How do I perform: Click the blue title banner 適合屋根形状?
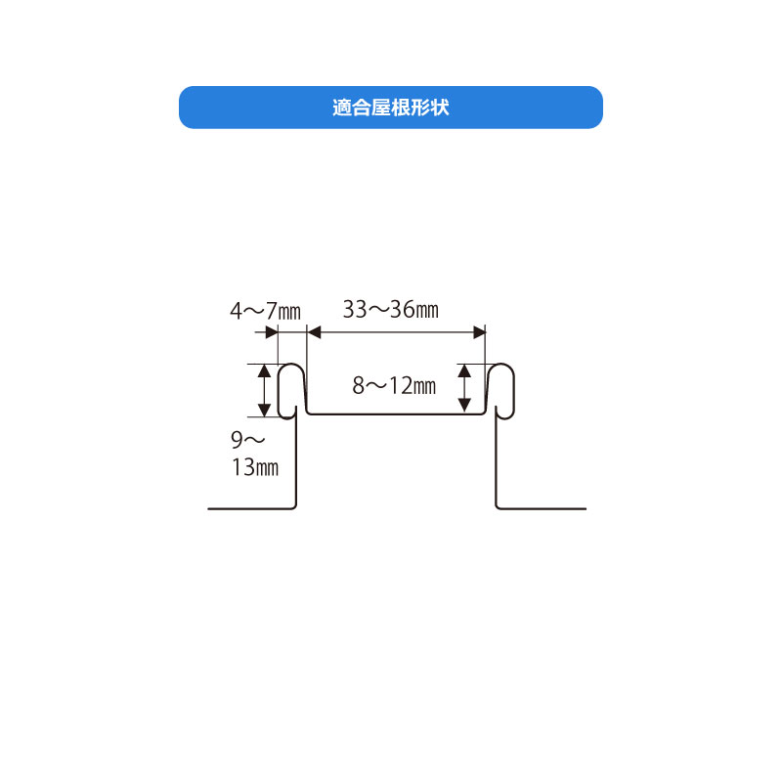(x=390, y=108)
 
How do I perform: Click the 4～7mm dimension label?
(x=265, y=312)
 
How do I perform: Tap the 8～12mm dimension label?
(x=393, y=385)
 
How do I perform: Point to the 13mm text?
(x=255, y=468)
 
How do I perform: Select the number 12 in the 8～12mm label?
(x=397, y=385)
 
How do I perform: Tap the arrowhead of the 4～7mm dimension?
(x=273, y=333)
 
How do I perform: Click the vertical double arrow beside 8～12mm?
(x=465, y=388)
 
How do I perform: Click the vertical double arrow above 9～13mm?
(x=263, y=388)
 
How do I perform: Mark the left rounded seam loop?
(x=290, y=388)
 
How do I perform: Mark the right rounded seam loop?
(x=500, y=388)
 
